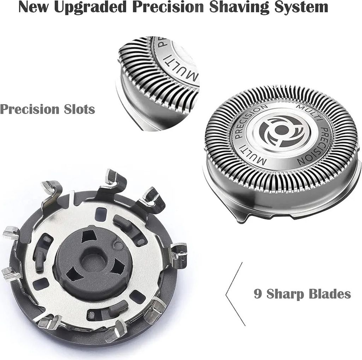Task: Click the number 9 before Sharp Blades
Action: pos(258,294)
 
